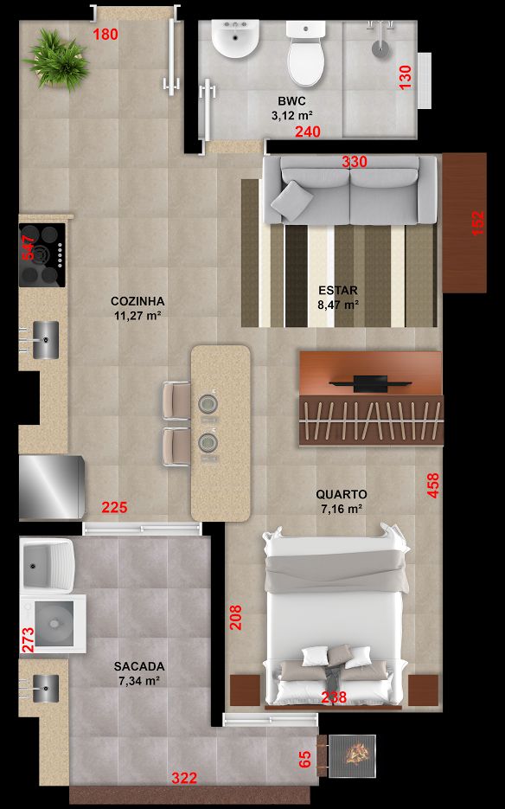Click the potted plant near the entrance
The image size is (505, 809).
(57, 60)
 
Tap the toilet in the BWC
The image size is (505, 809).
(306, 53)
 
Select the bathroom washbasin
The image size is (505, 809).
(236, 38)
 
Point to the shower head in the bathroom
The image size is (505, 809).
(381, 42)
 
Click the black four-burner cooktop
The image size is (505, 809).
(42, 255)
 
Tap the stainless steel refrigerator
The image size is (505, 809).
(52, 487)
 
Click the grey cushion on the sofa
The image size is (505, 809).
(292, 202)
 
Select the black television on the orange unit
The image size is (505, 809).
(370, 383)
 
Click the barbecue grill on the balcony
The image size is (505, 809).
(352, 756)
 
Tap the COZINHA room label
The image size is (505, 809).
(137, 301)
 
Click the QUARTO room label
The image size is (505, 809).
(342, 494)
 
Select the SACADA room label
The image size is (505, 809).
(139, 666)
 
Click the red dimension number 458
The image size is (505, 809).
(433, 485)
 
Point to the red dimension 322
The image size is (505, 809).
(184, 778)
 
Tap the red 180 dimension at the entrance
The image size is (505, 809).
(105, 35)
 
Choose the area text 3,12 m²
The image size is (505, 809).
(292, 115)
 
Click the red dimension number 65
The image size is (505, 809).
(305, 760)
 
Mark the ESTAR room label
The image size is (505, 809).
(338, 291)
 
